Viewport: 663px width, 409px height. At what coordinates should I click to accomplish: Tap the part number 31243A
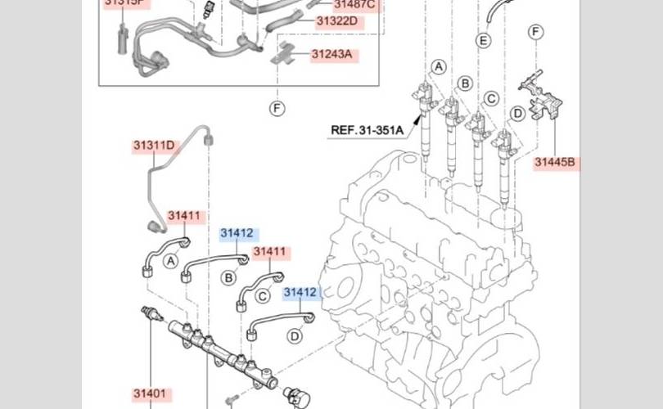331,55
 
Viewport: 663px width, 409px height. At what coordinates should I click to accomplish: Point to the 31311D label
154,146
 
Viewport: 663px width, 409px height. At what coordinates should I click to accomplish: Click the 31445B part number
556,162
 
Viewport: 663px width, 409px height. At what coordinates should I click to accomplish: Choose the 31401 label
150,393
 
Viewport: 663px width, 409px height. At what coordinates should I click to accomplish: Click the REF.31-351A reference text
368,129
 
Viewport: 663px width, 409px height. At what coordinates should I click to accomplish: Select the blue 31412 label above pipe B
237,233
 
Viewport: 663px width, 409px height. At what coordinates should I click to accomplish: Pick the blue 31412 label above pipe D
300,292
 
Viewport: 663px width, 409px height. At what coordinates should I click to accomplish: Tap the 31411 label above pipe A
184,216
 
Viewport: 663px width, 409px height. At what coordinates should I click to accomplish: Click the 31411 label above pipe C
269,252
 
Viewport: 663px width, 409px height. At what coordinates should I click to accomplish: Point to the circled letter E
484,41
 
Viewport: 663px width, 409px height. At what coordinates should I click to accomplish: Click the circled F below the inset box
277,107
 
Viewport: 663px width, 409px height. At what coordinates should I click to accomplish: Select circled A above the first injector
440,66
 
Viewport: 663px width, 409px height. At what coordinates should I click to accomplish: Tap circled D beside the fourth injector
517,113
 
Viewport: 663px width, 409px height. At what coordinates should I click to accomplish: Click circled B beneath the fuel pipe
230,278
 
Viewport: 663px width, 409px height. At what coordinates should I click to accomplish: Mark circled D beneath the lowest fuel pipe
295,335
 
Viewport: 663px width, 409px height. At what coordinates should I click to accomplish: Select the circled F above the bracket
536,33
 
